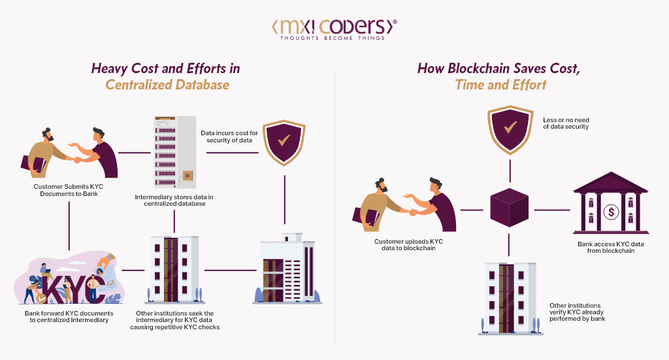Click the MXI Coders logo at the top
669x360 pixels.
334,27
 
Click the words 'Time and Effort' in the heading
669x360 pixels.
501,84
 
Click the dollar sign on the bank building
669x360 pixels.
612,212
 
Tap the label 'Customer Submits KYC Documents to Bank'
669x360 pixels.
69,190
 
